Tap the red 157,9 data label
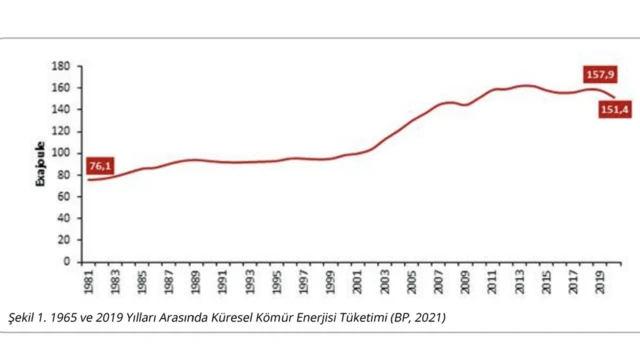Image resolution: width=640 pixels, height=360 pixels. (598, 73)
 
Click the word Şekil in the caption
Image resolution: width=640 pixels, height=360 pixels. (23, 318)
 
